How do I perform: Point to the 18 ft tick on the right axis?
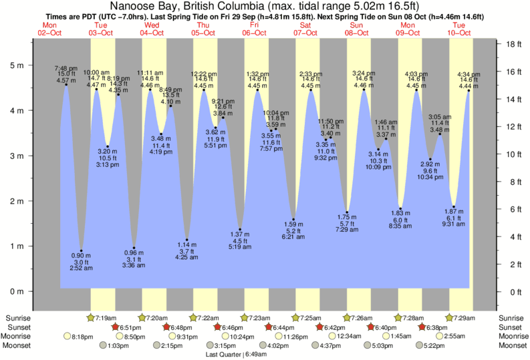pos(513,45)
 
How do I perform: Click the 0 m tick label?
pos(16,292)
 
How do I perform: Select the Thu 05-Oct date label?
pos(204,28)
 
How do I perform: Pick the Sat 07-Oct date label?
pos(305,28)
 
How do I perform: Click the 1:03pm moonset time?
pos(118,346)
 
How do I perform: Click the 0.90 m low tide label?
pos(81,254)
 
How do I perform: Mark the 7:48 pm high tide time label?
pos(65,67)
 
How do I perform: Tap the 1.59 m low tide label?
pos(293,224)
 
